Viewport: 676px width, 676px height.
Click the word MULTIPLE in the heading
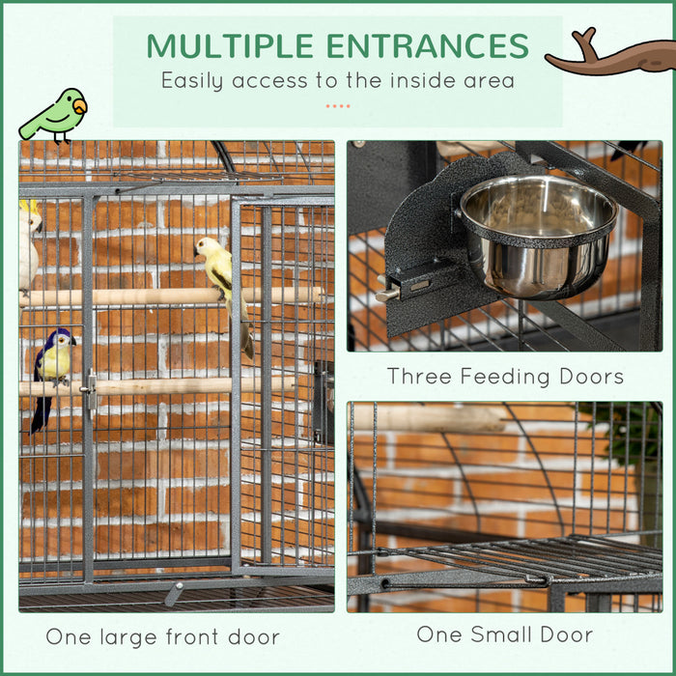[x=230, y=46]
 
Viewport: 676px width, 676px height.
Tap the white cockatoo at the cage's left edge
[x=29, y=246]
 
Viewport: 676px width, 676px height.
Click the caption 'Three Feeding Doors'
[x=505, y=376]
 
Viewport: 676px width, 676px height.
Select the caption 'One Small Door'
[x=505, y=634]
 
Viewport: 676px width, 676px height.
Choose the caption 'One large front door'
[x=162, y=636]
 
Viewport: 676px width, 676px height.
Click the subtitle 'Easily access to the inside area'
[x=337, y=80]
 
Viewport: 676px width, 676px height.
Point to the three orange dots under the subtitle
[x=337, y=104]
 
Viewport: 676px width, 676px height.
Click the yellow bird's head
[x=206, y=247]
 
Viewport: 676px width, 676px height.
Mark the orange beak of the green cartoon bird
[x=80, y=105]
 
